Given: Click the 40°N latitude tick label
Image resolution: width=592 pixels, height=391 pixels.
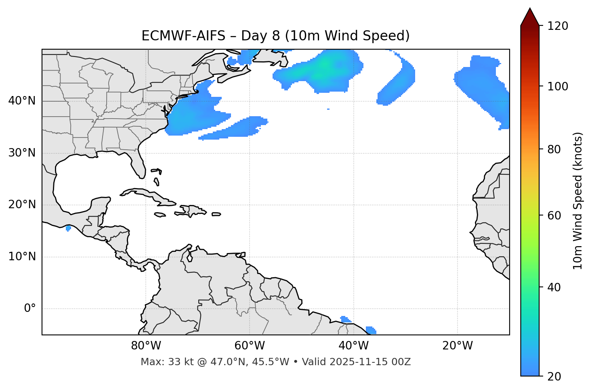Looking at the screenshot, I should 22,101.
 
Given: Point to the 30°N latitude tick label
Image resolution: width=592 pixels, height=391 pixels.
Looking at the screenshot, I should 22,153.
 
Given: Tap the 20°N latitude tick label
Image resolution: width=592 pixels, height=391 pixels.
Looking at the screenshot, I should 22,205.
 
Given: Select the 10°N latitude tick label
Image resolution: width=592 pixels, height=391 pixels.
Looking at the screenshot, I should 22,257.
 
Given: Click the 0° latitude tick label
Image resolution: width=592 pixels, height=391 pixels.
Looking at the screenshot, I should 30,309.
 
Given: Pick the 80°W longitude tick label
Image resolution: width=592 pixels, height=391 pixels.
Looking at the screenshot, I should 146,346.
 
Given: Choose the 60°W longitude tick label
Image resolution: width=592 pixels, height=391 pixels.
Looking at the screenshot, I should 250,346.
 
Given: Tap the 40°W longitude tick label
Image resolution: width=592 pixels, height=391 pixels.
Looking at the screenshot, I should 354,346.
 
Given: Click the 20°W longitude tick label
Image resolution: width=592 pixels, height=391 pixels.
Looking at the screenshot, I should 458,346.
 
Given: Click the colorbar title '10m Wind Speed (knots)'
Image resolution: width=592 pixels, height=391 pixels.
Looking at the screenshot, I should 578,201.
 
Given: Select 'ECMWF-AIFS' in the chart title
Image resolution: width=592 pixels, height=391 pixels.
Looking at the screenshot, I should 183,36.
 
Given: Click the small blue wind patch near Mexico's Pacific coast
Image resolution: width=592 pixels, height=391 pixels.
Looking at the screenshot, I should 68,228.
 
